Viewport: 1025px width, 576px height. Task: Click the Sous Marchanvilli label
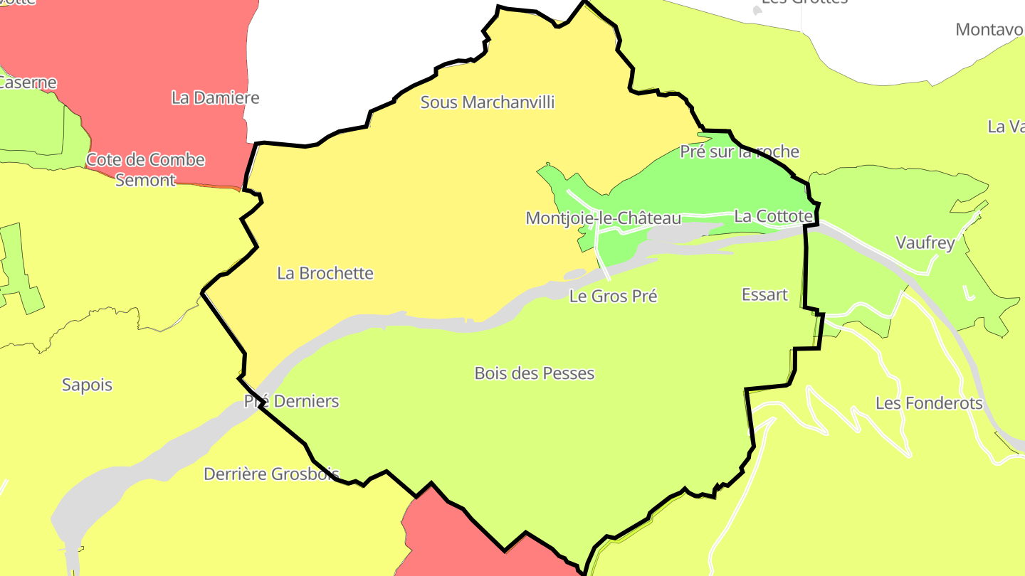coord(488,102)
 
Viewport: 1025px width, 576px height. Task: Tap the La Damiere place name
coord(215,98)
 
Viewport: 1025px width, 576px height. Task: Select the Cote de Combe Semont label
coord(145,170)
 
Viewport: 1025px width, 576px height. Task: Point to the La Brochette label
coord(325,273)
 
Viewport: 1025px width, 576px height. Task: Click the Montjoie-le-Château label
coord(603,218)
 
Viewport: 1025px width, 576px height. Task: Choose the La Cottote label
coord(773,216)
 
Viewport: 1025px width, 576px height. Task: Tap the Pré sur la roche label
coord(740,151)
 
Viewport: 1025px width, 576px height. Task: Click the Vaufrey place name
coord(925,242)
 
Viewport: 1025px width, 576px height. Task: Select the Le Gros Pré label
coord(613,296)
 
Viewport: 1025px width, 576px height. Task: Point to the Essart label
coord(764,294)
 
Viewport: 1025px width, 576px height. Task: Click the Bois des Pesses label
coord(534,373)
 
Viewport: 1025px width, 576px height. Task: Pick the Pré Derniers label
coord(292,401)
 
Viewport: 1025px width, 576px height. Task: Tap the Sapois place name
coord(87,385)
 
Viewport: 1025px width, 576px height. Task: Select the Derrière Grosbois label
coord(271,474)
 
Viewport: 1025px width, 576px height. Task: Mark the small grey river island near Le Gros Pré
coord(575,274)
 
